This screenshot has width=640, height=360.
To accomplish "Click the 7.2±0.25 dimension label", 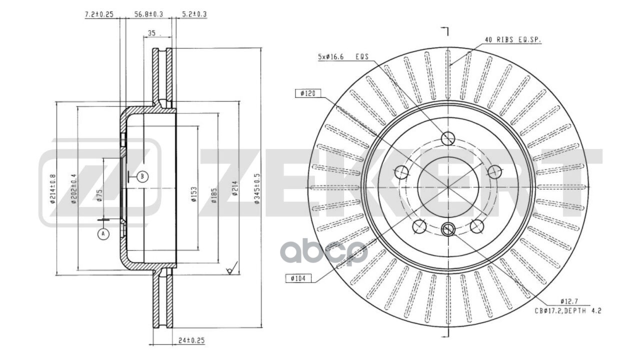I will pyautogui.click(x=98, y=14).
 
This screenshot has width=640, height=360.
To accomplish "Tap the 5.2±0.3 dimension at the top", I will pyautogui.click(x=194, y=14).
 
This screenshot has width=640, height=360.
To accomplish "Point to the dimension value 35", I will pyautogui.click(x=152, y=34).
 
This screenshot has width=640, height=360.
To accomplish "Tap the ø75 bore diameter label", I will pyautogui.click(x=99, y=195).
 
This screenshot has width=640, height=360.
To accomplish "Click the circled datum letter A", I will pyautogui.click(x=103, y=234).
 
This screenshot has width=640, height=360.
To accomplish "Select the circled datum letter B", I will pyautogui.click(x=142, y=176).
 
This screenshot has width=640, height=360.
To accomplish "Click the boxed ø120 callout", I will pyautogui.click(x=307, y=93).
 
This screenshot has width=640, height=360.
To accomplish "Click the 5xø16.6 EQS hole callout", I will pyautogui.click(x=342, y=57).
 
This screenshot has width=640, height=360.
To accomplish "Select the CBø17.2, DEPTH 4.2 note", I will pyautogui.click(x=567, y=310).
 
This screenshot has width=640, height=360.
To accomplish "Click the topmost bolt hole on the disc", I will pyautogui.click(x=448, y=138).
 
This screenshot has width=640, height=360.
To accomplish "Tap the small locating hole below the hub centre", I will pyautogui.click(x=448, y=229).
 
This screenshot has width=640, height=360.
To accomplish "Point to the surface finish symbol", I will pyautogui.click(x=230, y=270).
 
